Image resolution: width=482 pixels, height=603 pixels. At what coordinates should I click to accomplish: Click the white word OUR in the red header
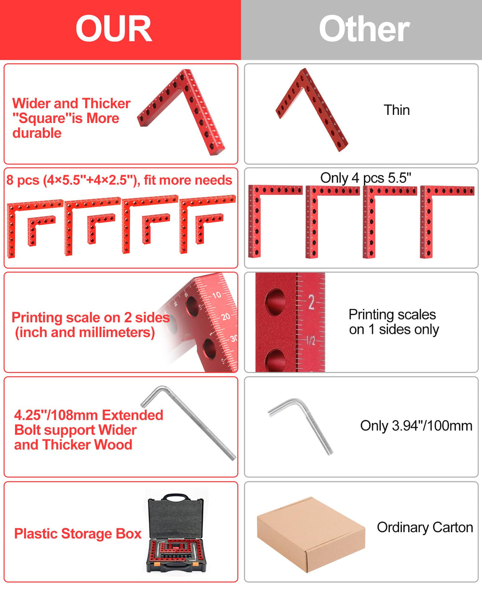(x=114, y=28)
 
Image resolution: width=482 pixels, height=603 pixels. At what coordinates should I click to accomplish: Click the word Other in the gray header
(x=364, y=28)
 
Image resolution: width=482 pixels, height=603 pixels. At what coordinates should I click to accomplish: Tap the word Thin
(x=397, y=110)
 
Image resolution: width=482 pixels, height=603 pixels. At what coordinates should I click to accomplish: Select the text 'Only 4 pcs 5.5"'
(x=365, y=178)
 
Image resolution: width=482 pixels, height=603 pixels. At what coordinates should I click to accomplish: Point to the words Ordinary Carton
(x=425, y=527)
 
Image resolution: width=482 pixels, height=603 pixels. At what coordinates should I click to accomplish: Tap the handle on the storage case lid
(x=176, y=498)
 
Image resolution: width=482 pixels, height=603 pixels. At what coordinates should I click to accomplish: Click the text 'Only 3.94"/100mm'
(x=416, y=426)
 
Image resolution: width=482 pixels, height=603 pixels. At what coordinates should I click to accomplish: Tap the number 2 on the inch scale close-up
(x=311, y=302)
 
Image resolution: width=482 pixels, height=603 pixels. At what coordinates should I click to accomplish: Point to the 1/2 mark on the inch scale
(x=310, y=341)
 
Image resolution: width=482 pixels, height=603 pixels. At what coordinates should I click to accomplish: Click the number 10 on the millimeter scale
(x=217, y=295)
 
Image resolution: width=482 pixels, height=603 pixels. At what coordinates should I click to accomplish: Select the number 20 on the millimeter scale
(x=226, y=316)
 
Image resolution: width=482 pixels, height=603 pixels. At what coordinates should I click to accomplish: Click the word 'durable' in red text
(x=37, y=133)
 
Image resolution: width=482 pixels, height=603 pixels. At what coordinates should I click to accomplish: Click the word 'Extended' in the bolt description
(x=133, y=415)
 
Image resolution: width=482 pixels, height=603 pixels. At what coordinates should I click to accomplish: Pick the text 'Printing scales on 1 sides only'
(x=393, y=322)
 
